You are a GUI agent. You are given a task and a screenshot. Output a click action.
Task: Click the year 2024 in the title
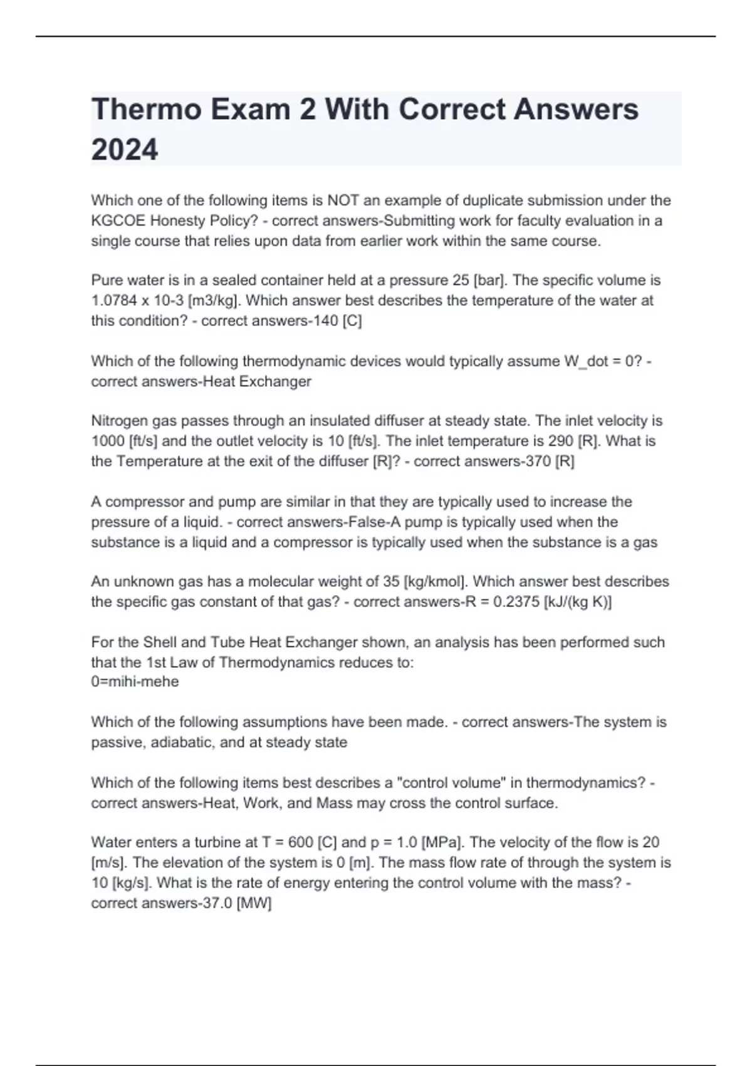point(125,150)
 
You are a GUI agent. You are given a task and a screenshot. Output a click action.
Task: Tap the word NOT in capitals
point(343,201)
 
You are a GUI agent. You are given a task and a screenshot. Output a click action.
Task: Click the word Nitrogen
point(120,421)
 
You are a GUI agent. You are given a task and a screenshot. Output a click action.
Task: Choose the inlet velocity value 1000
point(108,441)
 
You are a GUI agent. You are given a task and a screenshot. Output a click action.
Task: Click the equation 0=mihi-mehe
point(135,682)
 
